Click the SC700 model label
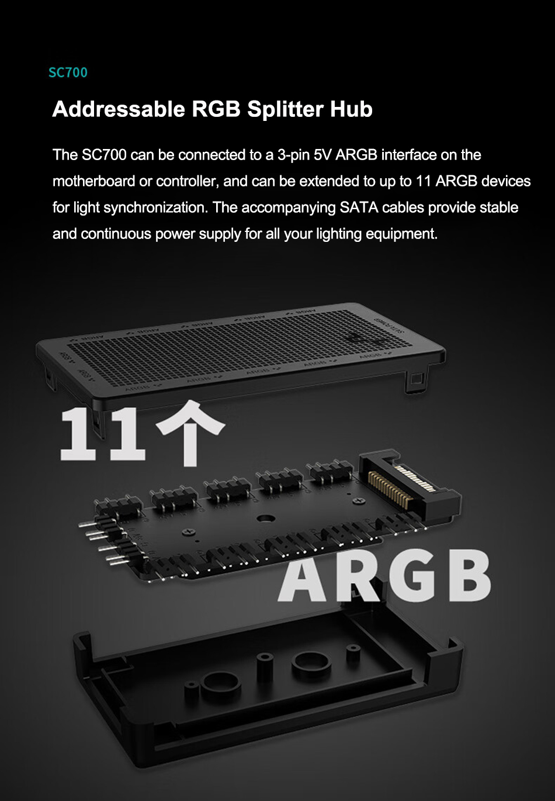[x=68, y=72]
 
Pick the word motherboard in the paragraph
[x=93, y=181]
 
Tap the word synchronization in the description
[x=156, y=207]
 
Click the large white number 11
[x=102, y=435]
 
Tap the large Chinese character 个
[x=190, y=435]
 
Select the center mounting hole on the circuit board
[x=266, y=518]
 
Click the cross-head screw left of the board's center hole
[x=189, y=532]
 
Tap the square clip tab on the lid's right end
[x=415, y=379]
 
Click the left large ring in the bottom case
[x=221, y=685]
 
